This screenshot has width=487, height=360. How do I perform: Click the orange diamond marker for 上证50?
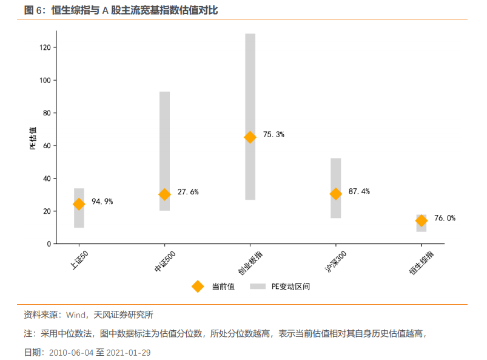[79, 205]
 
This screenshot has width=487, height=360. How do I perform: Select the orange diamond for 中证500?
[164, 194]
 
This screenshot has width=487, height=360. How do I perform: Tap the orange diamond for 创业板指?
[250, 137]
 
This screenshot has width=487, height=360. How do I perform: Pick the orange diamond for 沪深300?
[335, 194]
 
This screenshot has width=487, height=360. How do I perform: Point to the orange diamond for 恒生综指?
[422, 220]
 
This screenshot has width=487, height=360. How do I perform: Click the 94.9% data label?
[102, 202]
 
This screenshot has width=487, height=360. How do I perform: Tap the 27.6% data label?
[188, 192]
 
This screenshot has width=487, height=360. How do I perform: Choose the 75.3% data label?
[274, 135]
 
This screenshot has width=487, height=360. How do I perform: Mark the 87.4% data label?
[359, 191]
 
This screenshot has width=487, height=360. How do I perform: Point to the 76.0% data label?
[445, 218]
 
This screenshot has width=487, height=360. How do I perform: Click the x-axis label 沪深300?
[335, 260]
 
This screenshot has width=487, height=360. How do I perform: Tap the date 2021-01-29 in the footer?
[129, 352]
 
